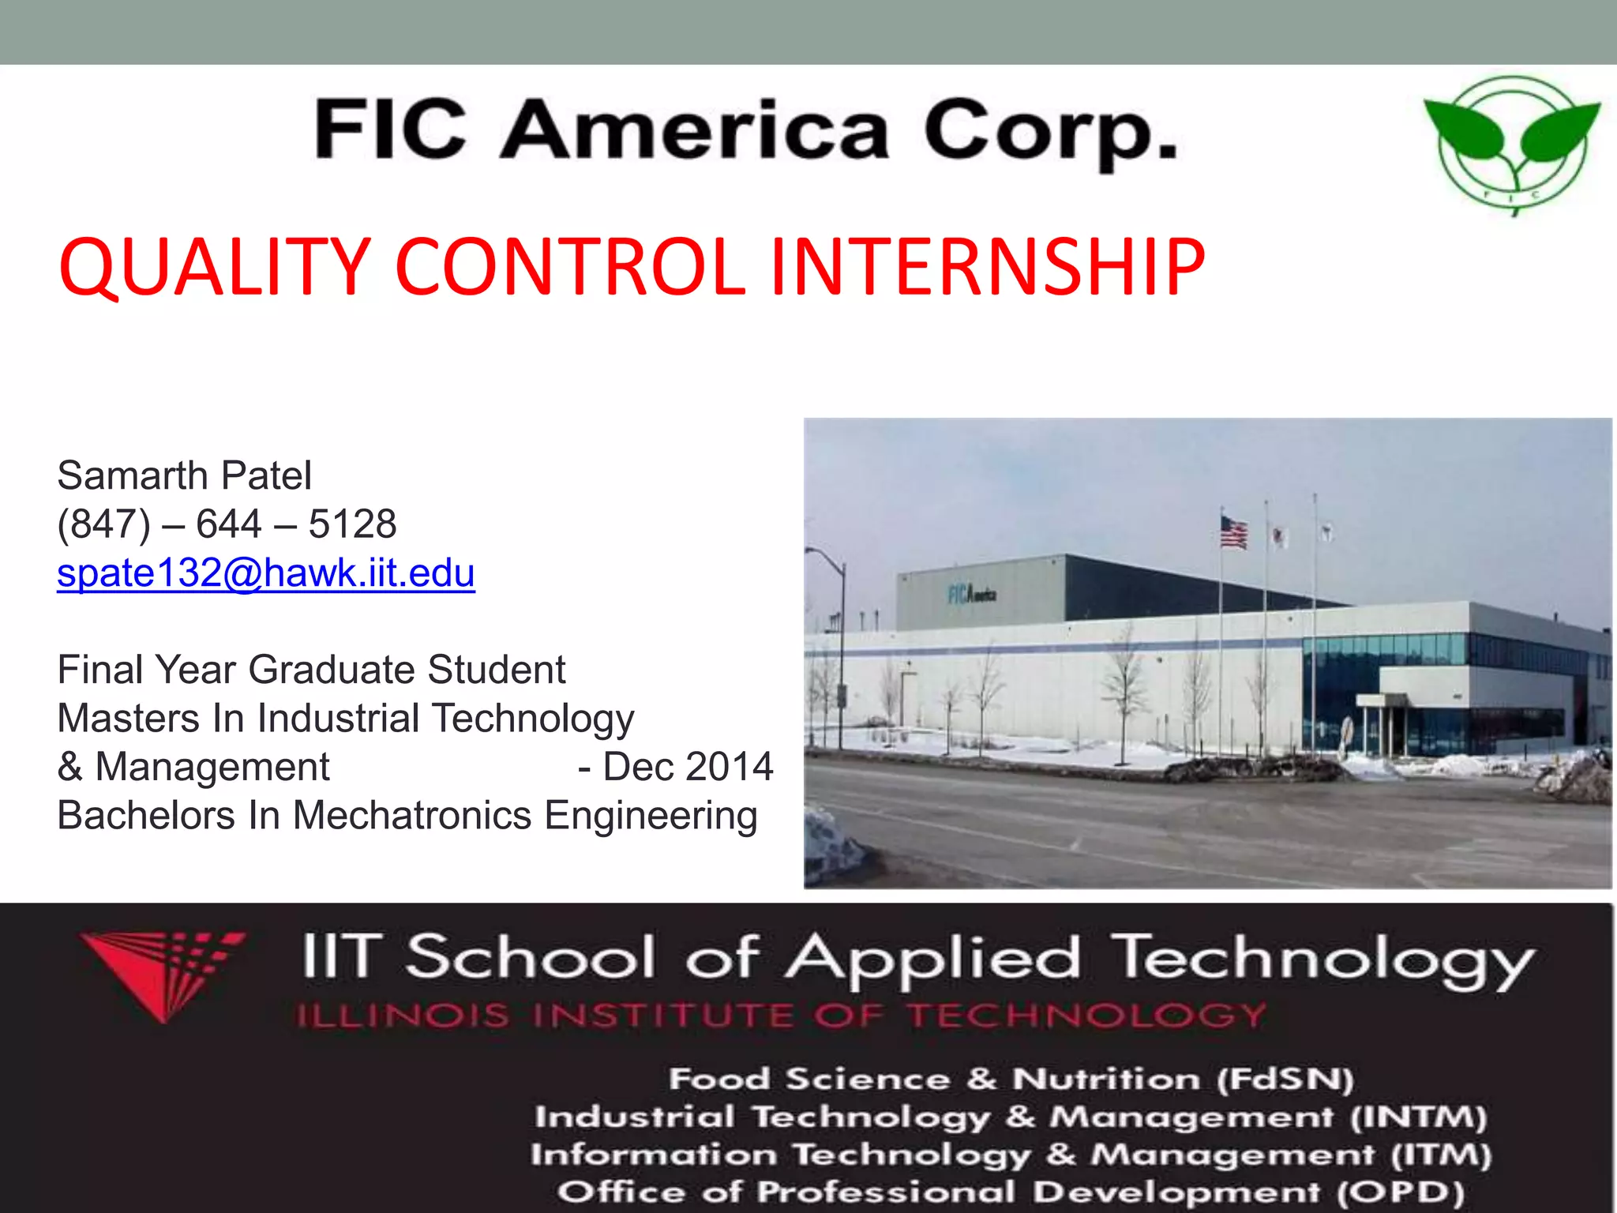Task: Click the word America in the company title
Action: (695, 130)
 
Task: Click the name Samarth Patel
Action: (184, 475)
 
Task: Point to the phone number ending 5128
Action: (227, 524)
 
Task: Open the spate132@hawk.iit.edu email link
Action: (265, 573)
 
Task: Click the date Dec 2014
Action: (687, 766)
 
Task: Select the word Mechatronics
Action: (411, 815)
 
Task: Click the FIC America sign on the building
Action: (972, 593)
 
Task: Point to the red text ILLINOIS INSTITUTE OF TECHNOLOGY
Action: (781, 1015)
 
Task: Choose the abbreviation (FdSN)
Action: (1285, 1079)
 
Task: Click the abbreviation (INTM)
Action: (1418, 1117)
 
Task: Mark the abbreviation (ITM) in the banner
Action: (1441, 1155)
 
